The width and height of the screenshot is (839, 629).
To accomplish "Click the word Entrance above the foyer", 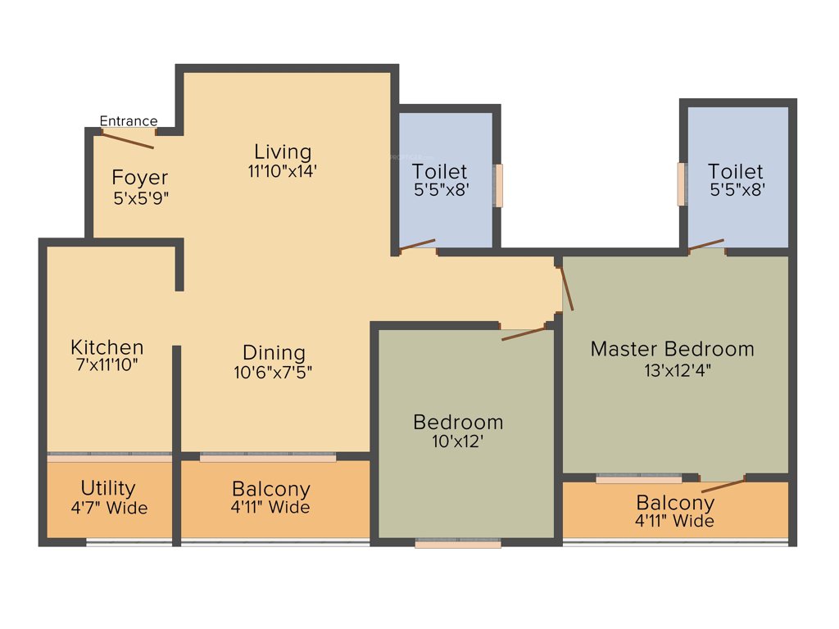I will point(129,121).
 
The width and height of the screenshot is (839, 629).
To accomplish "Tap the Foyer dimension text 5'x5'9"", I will point(141,197).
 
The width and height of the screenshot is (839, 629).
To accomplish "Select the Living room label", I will point(283,152).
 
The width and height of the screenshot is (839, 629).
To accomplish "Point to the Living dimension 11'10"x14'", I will point(282,171).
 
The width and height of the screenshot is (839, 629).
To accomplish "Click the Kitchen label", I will point(107,346).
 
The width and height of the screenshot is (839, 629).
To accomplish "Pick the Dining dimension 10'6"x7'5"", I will point(273,372).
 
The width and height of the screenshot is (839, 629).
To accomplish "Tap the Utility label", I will point(108,488).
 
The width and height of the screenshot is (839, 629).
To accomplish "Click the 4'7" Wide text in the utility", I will point(109,508).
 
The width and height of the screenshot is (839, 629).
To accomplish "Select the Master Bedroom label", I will point(672,349).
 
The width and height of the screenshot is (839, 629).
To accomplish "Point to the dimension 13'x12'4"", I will point(676,369).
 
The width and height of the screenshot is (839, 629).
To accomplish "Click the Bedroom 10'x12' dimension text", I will point(458,441).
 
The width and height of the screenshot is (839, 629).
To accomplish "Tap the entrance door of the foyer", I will point(128,138).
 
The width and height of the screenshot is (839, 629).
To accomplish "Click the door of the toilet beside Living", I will point(416,244).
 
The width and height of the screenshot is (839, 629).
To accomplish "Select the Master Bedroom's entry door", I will point(566,287).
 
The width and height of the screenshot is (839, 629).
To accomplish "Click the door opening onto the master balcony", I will point(723,482).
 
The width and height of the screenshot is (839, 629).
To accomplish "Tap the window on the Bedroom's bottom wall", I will point(457,543).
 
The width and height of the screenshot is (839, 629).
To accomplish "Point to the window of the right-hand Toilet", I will point(681,184).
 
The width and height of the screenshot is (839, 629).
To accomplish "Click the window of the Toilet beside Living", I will point(498,186).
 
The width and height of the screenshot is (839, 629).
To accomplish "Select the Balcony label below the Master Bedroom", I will point(675,502).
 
